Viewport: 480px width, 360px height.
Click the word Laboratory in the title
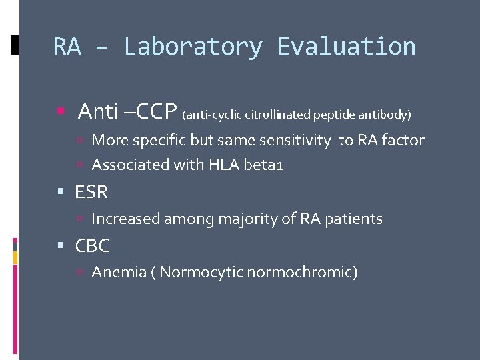[193, 47]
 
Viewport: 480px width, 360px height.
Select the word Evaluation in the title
[346, 47]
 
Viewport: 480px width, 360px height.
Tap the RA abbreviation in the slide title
[67, 47]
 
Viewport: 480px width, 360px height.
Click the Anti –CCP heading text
[127, 111]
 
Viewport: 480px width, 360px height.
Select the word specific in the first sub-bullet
[159, 141]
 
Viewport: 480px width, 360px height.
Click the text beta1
[265, 165]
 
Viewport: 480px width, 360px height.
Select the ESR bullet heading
[91, 193]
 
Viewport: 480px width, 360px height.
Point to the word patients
[355, 219]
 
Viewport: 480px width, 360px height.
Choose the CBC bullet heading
[92, 246]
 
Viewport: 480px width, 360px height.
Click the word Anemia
[115, 272]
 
